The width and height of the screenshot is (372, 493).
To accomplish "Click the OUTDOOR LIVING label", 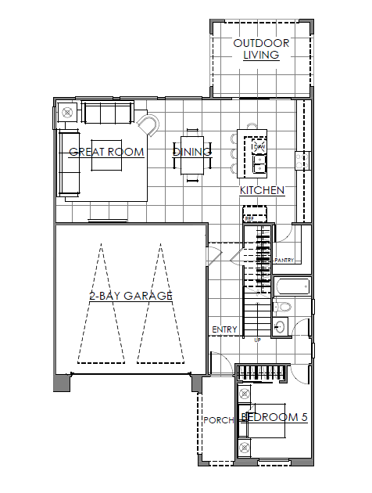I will click(261, 49).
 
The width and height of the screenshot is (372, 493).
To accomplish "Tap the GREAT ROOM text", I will click(106, 152).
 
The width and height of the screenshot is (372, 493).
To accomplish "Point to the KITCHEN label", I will click(262, 190).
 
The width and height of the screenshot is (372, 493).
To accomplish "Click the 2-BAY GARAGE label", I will click(130, 296).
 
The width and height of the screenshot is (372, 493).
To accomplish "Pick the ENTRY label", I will click(224, 330).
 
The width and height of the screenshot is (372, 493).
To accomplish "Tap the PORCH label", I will click(218, 420).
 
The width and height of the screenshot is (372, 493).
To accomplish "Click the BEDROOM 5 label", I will click(274, 417).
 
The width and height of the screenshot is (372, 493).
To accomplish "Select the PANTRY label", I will click(284, 260).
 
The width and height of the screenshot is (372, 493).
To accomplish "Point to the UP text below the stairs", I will click(258, 340).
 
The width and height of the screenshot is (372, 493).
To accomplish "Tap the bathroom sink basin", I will click(280, 326).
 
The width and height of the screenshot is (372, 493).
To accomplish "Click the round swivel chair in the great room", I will click(148, 124).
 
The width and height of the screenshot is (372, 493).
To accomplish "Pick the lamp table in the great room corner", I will click(66, 112).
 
